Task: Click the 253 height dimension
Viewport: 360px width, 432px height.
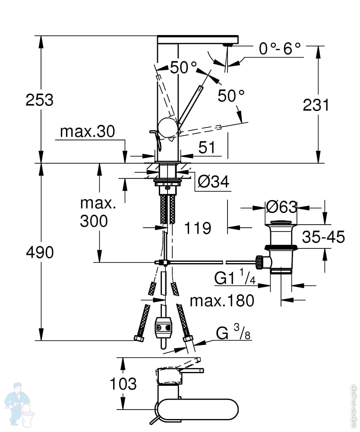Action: [x=40, y=100]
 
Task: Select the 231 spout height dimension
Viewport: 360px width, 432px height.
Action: [x=316, y=105]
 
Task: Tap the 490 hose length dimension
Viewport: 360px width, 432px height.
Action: [x=40, y=252]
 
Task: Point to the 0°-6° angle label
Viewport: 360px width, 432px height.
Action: [x=280, y=49]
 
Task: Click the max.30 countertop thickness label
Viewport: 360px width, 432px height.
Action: [x=88, y=132]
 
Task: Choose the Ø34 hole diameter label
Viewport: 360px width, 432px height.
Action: [x=213, y=182]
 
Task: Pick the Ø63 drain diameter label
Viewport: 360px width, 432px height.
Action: [x=281, y=207]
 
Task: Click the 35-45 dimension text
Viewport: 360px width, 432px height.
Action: [x=323, y=237]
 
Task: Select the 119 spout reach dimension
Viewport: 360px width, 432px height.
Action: [x=198, y=228]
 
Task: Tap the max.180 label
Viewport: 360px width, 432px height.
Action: [x=222, y=301]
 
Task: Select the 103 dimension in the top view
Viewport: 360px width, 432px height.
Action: [x=123, y=384]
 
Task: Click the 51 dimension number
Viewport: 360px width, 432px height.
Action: [x=207, y=147]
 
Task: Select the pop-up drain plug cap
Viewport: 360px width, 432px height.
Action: [x=281, y=222]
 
